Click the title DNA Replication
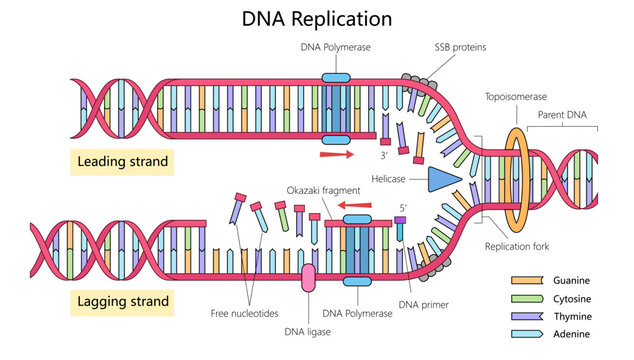pyautogui.click(x=317, y=19)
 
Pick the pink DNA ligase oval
pyautogui.click(x=307, y=278)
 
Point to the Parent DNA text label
pyautogui.click(x=564, y=116)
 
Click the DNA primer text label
pyautogui.click(x=423, y=305)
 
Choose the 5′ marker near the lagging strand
pyautogui.click(x=404, y=209)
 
